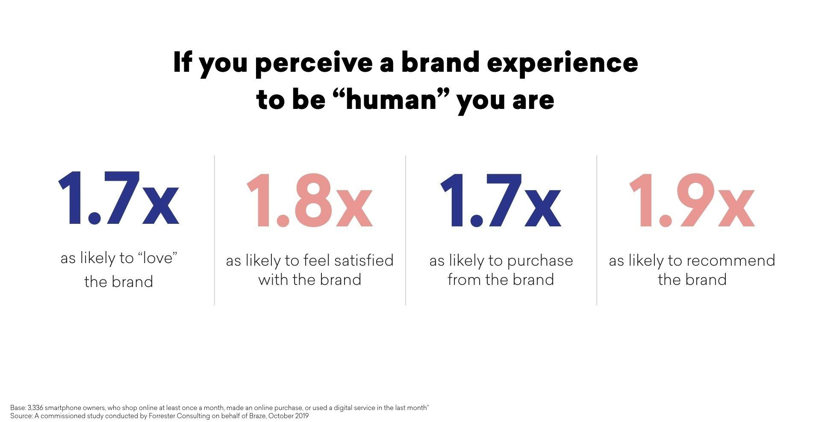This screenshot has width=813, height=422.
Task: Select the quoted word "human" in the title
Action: pos(393,100)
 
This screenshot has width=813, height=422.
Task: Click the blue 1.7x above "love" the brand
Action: pos(118,198)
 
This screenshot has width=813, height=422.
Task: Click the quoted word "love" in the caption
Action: pos(158,258)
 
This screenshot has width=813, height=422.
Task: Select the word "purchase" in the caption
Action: pos(540,261)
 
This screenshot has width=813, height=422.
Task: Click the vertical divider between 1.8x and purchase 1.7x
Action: pos(406,230)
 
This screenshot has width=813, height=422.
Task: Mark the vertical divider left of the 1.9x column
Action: pos(597,230)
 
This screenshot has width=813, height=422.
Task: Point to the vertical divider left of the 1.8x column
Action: pos(215,230)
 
